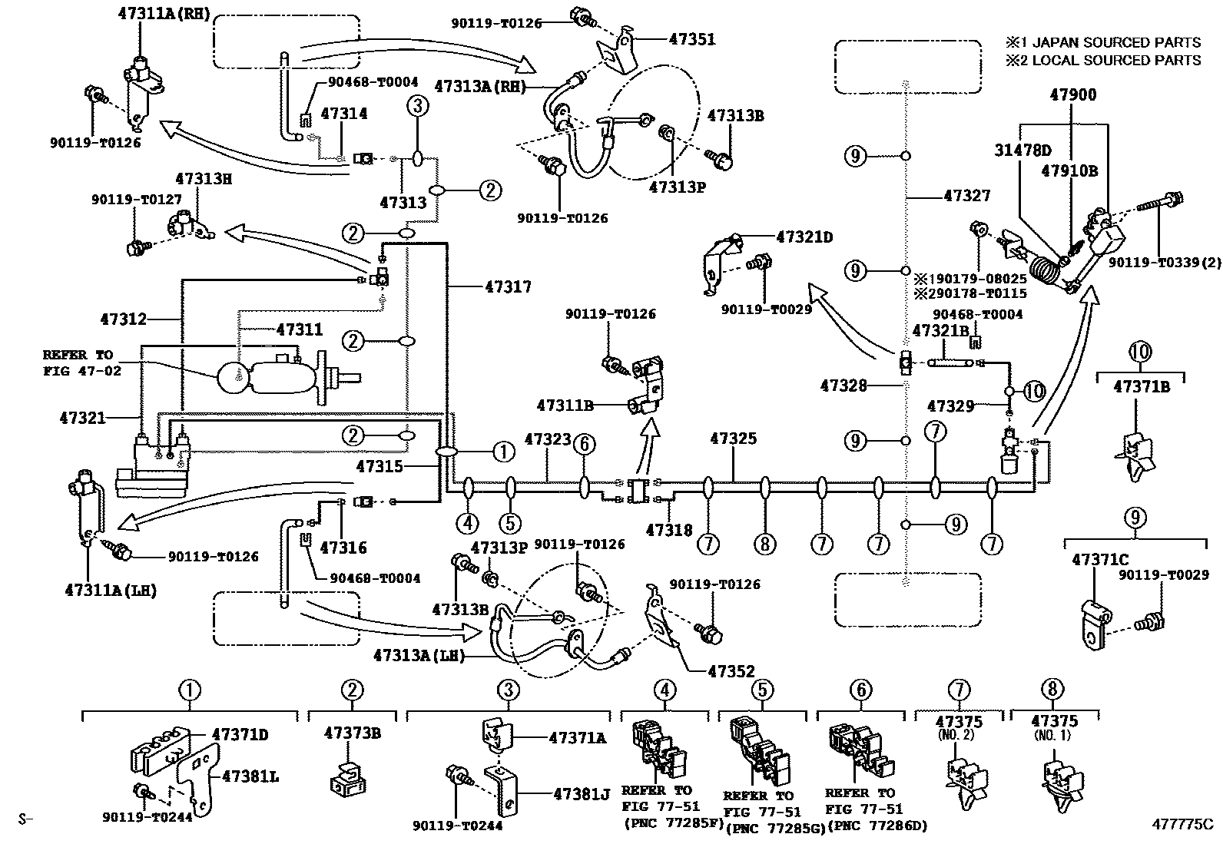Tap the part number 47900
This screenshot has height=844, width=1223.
click(x=1073, y=95)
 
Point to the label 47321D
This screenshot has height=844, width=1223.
click(x=804, y=237)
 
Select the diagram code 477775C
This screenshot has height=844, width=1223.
click(x=1181, y=824)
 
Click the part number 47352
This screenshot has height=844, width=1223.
click(x=731, y=671)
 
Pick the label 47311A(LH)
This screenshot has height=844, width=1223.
click(x=111, y=590)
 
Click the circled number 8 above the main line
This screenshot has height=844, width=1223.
click(x=764, y=544)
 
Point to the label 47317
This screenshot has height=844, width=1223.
click(x=508, y=287)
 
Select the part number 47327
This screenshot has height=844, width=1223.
click(x=967, y=196)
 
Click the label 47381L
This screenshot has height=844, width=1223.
click(x=250, y=777)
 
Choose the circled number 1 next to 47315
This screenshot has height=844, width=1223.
click(x=503, y=452)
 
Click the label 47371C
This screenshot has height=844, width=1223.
click(x=1099, y=561)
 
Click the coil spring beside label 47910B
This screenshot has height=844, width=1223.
click(x=1045, y=273)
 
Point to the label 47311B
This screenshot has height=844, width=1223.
click(x=565, y=405)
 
